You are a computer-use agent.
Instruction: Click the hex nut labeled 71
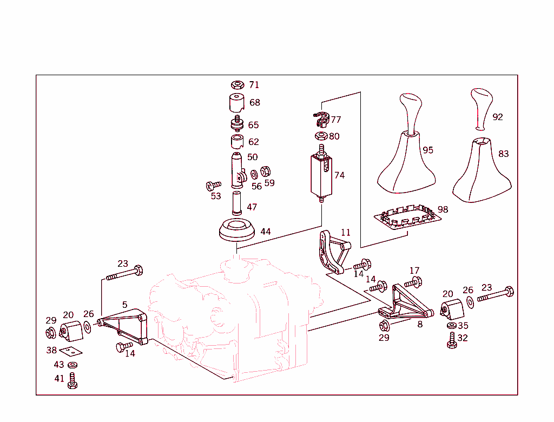point(236,85)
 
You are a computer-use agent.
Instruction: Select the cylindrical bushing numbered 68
point(236,103)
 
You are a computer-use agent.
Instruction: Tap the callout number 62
point(253,142)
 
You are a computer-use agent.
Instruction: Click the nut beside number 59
point(266,172)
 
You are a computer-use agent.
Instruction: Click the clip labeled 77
point(322,117)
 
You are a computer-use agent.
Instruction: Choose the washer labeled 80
point(320,136)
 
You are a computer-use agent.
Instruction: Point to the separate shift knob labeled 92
point(480,108)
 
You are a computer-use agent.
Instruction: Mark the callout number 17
point(414,271)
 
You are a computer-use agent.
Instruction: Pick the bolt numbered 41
point(73,380)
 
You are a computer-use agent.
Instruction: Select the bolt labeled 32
point(452,340)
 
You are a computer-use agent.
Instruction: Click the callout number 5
point(125,305)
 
